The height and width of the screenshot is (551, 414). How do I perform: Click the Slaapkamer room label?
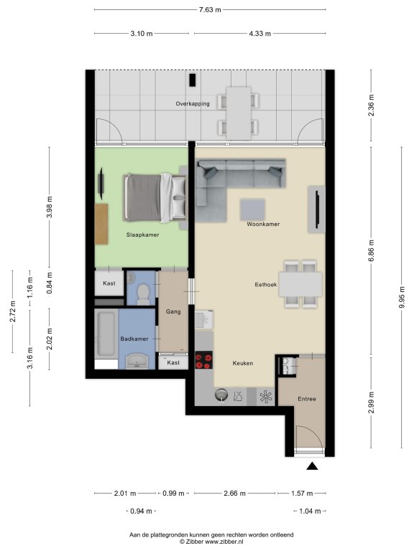tap(142, 235)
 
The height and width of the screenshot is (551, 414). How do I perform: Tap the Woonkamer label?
tap(263, 224)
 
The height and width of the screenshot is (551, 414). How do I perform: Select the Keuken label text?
tap(242, 363)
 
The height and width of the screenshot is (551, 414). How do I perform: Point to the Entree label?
tap(307, 399)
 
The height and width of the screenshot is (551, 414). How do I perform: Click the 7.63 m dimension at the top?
tap(210, 10)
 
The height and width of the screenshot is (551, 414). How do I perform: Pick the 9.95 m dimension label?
tap(402, 297)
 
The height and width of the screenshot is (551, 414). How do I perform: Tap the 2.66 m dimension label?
tap(234, 494)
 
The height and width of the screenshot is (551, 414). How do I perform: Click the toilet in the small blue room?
tap(143, 294)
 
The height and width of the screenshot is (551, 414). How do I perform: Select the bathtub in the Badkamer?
tap(106, 334)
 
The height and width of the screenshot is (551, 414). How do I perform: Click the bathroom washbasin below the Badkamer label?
tap(137, 361)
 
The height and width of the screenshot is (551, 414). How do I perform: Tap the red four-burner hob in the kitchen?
tap(204, 360)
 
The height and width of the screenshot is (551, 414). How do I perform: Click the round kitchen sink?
tap(221, 395)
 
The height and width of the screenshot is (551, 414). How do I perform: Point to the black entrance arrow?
tap(312, 466)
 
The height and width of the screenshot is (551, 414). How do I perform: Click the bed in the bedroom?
tap(155, 198)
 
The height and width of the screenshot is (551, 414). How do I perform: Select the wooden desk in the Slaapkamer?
tap(101, 224)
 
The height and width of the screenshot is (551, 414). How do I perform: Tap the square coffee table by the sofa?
tap(252, 209)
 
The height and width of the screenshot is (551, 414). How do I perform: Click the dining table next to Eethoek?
tap(301, 284)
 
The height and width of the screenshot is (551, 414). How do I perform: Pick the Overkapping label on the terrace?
tap(193, 103)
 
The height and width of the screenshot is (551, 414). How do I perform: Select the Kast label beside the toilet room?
tap(109, 283)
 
